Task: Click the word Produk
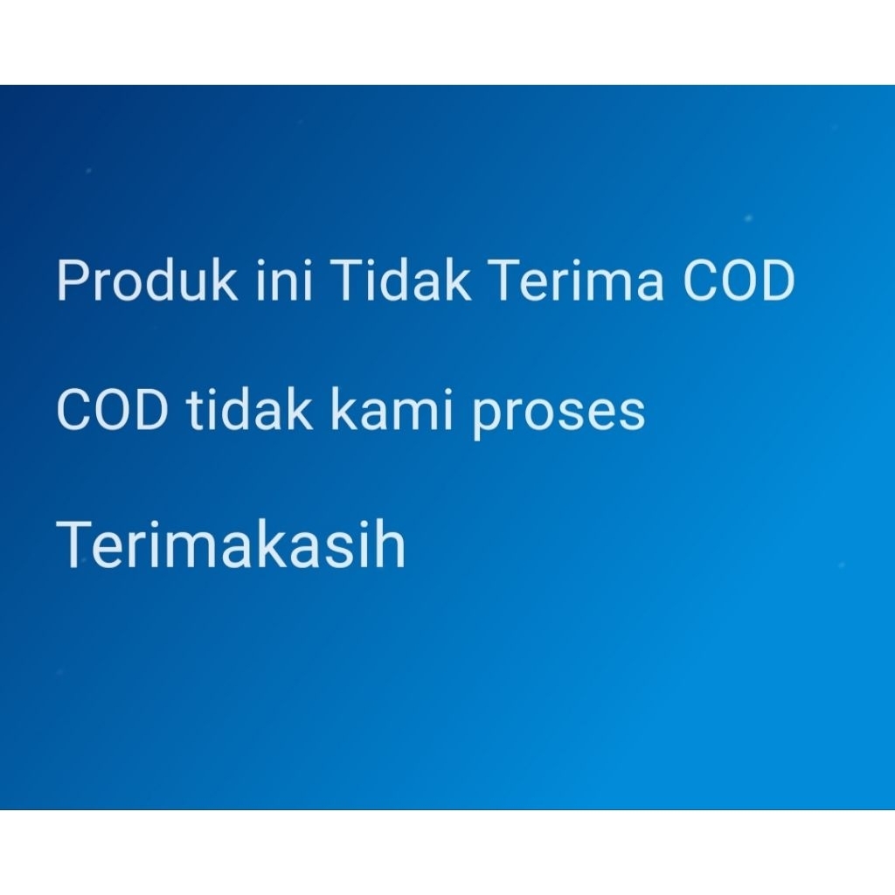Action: click(147, 279)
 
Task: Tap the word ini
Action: click(284, 279)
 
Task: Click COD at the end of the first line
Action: click(739, 280)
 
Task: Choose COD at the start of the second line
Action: click(113, 409)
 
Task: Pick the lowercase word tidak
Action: click(249, 409)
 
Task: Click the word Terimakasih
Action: click(231, 544)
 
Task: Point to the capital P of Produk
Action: click(73, 280)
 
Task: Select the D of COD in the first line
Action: click(777, 280)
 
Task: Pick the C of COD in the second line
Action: click(73, 409)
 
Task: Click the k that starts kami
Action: click(346, 409)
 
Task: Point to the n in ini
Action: click(284, 285)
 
